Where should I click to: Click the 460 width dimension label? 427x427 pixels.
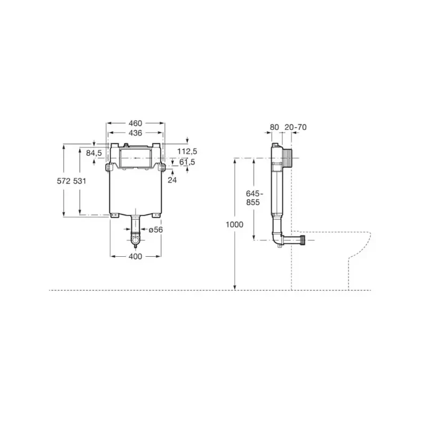[136, 123]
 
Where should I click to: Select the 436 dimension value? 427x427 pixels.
[136, 133]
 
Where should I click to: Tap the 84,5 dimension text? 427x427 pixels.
[94, 153]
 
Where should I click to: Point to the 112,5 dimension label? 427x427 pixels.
[187, 151]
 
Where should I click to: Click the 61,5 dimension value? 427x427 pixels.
[187, 162]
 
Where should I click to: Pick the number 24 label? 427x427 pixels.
[172, 180]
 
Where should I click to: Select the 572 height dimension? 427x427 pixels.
[64, 181]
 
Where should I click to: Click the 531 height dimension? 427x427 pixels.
[80, 181]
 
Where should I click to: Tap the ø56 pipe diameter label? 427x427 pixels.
[156, 230]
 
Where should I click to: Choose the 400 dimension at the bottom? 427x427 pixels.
[136, 256]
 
